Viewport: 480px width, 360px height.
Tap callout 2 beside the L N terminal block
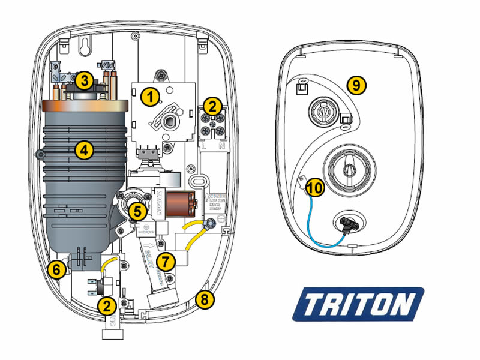click(x=211, y=107)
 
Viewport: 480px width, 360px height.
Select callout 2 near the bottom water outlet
click(x=107, y=305)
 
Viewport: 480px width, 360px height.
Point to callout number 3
click(x=85, y=80)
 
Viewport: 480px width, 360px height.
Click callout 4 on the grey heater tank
click(x=85, y=151)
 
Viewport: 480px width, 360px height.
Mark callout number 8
click(x=205, y=299)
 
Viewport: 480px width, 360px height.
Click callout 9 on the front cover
click(x=356, y=85)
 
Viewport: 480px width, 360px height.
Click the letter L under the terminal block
click(x=205, y=146)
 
